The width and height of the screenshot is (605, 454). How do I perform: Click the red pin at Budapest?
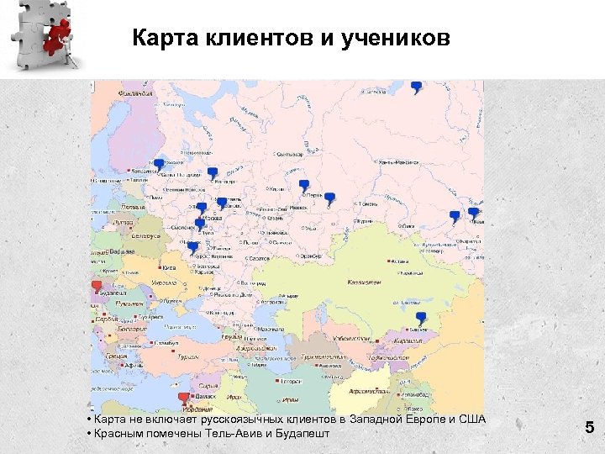97,287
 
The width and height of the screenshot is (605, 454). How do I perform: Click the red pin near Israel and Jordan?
184,399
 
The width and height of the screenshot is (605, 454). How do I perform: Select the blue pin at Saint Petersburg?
158,165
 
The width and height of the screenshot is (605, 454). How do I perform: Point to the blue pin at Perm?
304,185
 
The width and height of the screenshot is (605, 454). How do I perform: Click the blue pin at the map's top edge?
416,87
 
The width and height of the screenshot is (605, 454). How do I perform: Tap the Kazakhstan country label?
364,283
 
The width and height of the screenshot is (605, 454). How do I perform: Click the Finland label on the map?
135,94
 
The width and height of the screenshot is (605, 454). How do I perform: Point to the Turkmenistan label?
323,356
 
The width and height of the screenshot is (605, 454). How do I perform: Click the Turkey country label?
187,356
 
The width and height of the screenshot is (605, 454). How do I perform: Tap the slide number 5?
590,428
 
